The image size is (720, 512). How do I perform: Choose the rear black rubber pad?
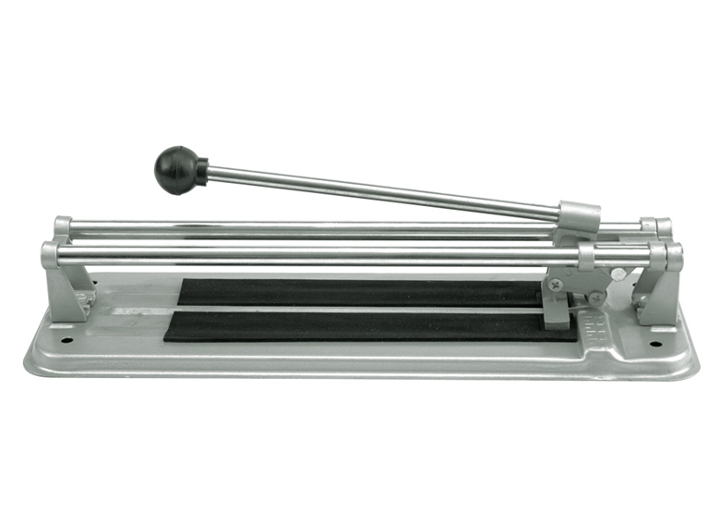click(360, 292)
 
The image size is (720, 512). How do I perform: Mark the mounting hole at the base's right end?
click(656, 344)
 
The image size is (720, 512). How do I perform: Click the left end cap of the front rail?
click(49, 255)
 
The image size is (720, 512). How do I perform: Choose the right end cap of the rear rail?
click(662, 227)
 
